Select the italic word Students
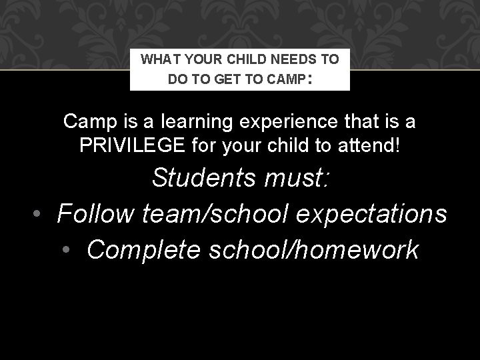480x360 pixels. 204,178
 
